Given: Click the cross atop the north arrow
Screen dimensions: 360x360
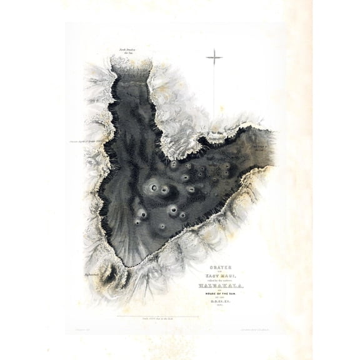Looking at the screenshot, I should point(214,58).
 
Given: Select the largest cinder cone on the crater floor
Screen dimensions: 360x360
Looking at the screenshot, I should point(153,186).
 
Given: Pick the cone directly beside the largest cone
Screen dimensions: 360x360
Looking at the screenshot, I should point(166,189).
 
